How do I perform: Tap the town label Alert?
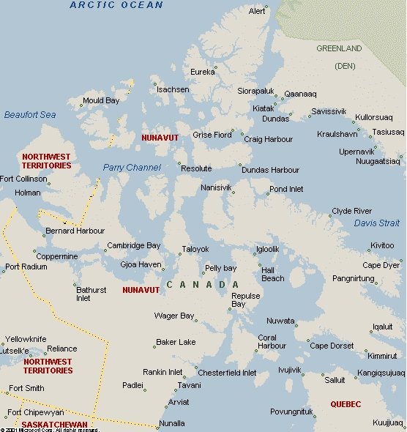tap(257, 12)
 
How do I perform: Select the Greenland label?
tap(339, 48)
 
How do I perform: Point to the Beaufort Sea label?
tap(30, 115)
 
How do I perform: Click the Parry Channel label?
tap(132, 168)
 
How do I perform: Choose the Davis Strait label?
tap(377, 223)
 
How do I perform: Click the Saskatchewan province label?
tap(53, 425)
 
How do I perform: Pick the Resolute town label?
tap(196, 168)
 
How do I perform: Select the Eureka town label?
tap(203, 72)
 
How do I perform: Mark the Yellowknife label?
tap(26, 340)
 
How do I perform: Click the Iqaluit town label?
tap(382, 327)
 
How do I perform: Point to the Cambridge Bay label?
tap(133, 246)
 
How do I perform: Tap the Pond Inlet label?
tap(286, 189)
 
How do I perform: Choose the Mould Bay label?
tap(101, 100)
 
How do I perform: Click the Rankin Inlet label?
tap(163, 373)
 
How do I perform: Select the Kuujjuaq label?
tap(388, 423)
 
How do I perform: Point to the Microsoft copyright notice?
tap(50, 430)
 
